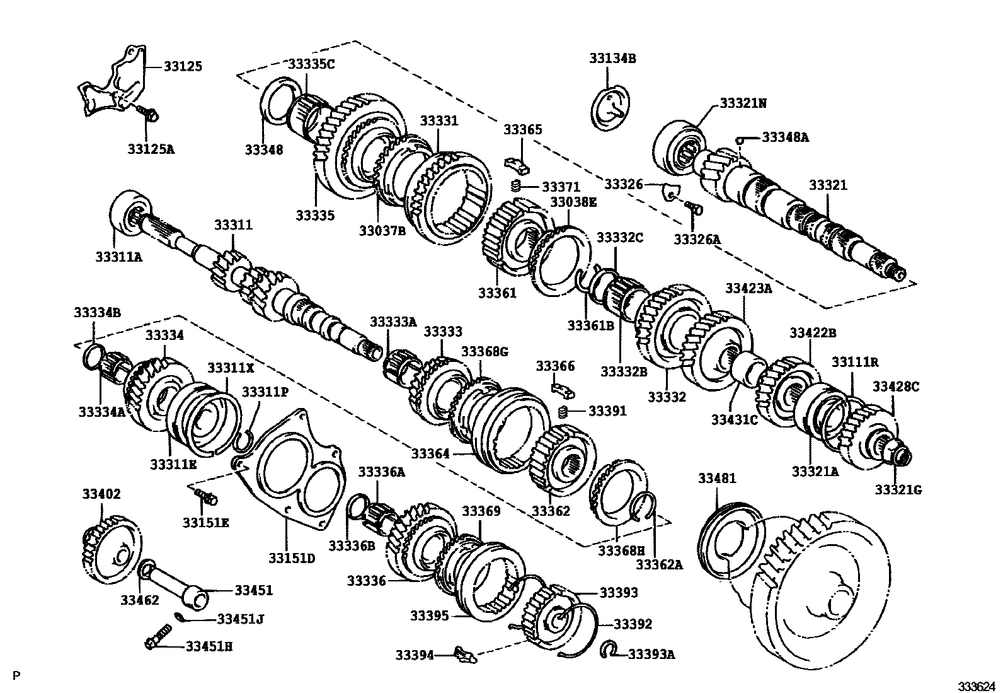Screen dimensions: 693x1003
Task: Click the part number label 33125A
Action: [x=151, y=149]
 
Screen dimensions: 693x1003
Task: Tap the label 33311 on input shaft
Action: [x=233, y=225]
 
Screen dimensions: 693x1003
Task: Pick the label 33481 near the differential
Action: [x=717, y=479]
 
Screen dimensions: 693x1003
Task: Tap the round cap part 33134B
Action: [x=613, y=110]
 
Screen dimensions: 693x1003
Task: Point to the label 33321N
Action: [x=743, y=103]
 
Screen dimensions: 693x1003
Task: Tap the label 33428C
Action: [x=897, y=387]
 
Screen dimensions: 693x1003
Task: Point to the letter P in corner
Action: [x=16, y=677]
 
